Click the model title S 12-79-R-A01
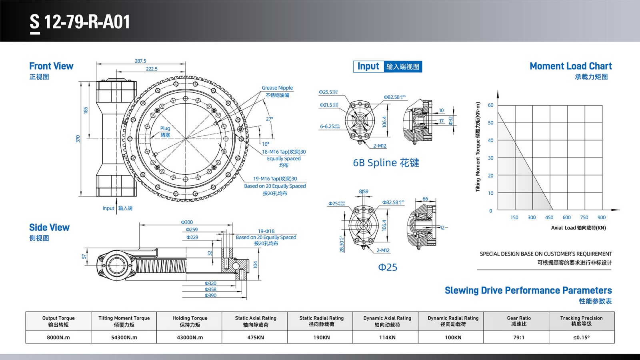(80, 22)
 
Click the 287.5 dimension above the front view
(140, 61)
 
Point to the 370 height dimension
(78, 139)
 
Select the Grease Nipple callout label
(277, 88)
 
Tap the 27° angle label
(270, 119)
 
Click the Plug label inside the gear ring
(165, 128)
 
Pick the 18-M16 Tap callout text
(284, 152)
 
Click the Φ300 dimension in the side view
(187, 222)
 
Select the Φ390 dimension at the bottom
(210, 296)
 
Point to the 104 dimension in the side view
(256, 264)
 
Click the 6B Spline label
(386, 163)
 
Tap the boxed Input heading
(368, 66)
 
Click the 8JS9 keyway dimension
(364, 192)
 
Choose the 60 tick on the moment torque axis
(491, 105)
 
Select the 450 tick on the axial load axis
(549, 218)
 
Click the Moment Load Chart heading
(570, 66)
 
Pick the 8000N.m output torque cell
(58, 337)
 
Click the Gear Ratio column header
(519, 321)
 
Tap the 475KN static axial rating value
(256, 337)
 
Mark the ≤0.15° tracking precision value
(581, 337)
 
